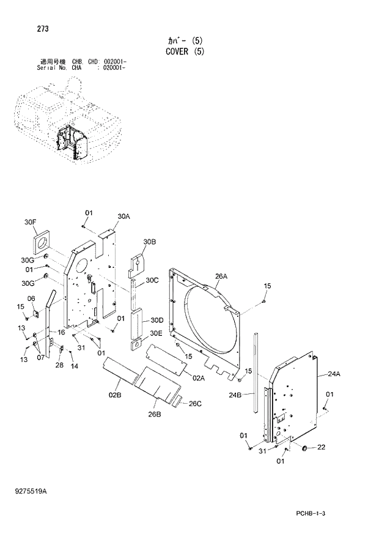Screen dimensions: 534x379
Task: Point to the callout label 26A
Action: point(221,276)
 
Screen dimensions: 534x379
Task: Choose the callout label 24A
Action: point(334,374)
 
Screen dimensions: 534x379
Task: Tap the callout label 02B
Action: point(116,396)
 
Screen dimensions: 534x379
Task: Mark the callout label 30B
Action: point(150,242)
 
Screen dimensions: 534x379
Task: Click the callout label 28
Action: point(59,365)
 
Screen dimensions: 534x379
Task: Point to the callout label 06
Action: point(31,299)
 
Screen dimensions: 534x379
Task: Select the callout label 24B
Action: point(235,395)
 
